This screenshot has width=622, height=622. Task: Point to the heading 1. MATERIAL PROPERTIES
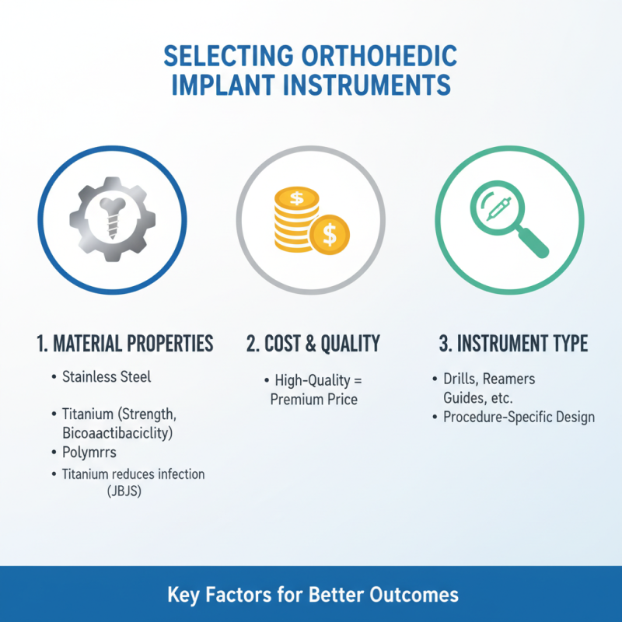[x=124, y=344]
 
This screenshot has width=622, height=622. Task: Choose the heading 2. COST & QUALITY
[x=313, y=344]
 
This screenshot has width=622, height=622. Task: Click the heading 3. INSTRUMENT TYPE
[x=512, y=344]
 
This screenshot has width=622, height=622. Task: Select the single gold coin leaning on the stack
[x=330, y=232]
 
